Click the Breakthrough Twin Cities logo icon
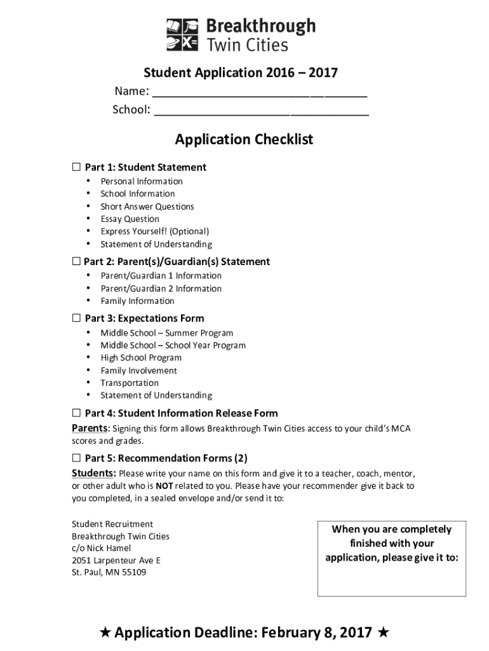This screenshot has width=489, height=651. [x=182, y=35]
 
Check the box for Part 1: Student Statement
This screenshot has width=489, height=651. [x=76, y=167]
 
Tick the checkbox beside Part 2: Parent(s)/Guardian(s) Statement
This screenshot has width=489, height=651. [x=76, y=261]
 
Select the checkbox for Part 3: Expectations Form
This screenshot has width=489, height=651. [x=76, y=318]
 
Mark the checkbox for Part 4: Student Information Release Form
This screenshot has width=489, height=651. [x=76, y=413]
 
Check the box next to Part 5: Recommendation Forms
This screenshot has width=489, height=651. [x=76, y=458]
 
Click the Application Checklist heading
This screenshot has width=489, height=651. [x=245, y=139]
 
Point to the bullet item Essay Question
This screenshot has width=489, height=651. [x=130, y=219]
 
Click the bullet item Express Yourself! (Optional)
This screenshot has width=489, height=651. [x=154, y=231]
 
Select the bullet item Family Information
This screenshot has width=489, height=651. [x=137, y=301]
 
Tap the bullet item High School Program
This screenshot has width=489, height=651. [x=141, y=358]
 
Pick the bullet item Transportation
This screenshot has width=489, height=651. [x=130, y=383]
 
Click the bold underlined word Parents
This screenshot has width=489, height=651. [x=90, y=428]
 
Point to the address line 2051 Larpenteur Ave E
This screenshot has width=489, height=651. [x=116, y=560]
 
